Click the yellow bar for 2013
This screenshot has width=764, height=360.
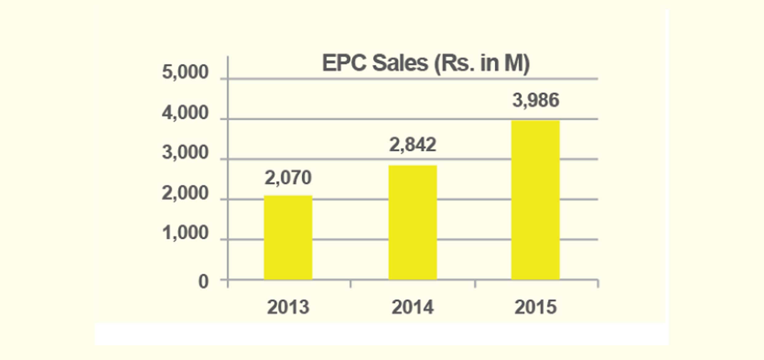click(288, 237)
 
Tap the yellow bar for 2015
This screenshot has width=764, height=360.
click(535, 200)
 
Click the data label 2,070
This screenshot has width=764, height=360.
click(288, 178)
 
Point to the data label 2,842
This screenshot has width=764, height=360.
click(412, 145)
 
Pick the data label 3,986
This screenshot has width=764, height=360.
click(535, 100)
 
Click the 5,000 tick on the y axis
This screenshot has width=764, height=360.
click(185, 72)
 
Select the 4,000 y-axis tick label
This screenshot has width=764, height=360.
click(185, 113)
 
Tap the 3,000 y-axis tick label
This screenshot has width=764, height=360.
click(185, 153)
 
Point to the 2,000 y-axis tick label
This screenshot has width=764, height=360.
click(185, 194)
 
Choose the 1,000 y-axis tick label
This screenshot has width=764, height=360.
click(185, 233)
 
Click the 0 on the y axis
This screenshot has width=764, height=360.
click(203, 282)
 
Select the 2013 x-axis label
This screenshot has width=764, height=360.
click(288, 307)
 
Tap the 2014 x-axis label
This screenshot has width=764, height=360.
click(412, 307)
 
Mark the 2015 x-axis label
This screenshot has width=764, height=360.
click(535, 307)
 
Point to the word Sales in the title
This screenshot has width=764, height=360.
click(400, 63)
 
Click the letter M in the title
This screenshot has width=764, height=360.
click(515, 63)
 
